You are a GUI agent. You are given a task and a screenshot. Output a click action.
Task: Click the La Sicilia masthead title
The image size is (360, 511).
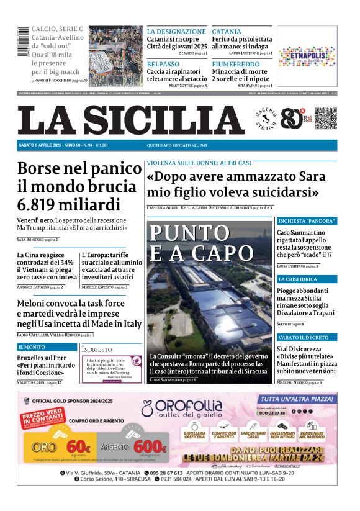[130, 120]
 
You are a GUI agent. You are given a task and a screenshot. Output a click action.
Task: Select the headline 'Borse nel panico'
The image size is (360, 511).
[79, 168]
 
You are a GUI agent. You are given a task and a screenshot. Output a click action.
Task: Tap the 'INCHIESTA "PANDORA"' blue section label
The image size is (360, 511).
[307, 220]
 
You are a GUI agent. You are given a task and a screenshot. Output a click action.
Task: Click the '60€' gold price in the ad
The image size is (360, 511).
[79, 446]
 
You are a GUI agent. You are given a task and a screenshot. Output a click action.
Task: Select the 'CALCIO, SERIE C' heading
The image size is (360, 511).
[57, 29]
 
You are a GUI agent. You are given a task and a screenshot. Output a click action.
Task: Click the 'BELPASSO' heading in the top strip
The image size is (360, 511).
[163, 64]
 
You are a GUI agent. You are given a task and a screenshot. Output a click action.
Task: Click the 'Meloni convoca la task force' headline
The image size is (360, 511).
[71, 304]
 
